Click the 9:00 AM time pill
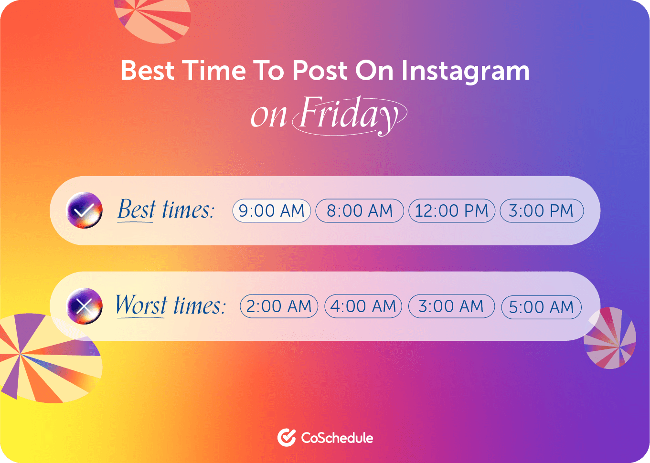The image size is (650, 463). (272, 210)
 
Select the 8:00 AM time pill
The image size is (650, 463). (360, 210)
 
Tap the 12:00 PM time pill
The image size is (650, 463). (451, 210)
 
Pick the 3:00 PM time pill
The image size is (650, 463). (542, 210)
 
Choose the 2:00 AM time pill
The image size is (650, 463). (279, 306)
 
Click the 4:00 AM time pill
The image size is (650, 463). (363, 306)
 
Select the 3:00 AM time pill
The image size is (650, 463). (451, 306)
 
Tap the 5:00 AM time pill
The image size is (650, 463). (541, 307)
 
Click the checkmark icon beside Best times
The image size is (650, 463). (84, 210)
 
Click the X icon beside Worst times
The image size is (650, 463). (84, 306)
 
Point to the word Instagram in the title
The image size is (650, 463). (466, 72)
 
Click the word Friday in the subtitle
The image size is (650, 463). (350, 116)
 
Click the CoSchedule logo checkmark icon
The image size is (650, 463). (287, 438)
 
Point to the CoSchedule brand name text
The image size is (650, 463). (337, 438)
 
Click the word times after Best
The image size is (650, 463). (188, 210)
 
